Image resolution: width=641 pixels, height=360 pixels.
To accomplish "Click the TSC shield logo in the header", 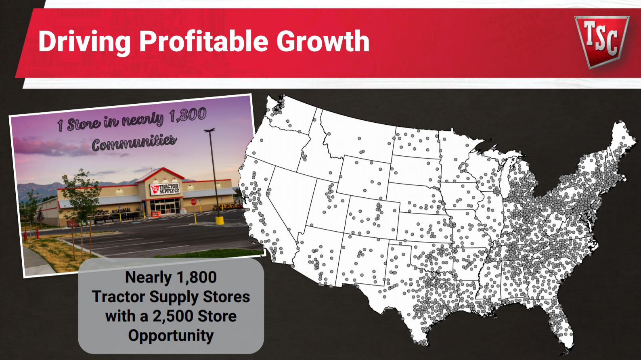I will pyautogui.click(x=601, y=40).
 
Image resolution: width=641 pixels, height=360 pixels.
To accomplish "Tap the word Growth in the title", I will pyautogui.click(x=323, y=42).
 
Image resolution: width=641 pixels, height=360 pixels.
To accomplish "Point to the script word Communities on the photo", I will pyautogui.click(x=134, y=142).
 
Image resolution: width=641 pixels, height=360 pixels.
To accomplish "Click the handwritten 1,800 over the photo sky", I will pyautogui.click(x=188, y=115).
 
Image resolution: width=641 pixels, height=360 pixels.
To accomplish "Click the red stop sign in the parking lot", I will pyautogui.click(x=193, y=202).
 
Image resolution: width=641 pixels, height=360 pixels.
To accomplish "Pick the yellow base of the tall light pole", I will pyautogui.click(x=220, y=220).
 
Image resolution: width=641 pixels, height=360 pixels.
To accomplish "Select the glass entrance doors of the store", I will pyautogui.click(x=165, y=207).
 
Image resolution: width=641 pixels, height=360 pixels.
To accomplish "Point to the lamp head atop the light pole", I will pyautogui.click(x=209, y=130).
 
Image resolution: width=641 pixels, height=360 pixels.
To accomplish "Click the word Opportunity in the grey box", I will pyautogui.click(x=171, y=335).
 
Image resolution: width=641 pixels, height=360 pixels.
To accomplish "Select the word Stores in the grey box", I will pyautogui.click(x=226, y=297).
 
